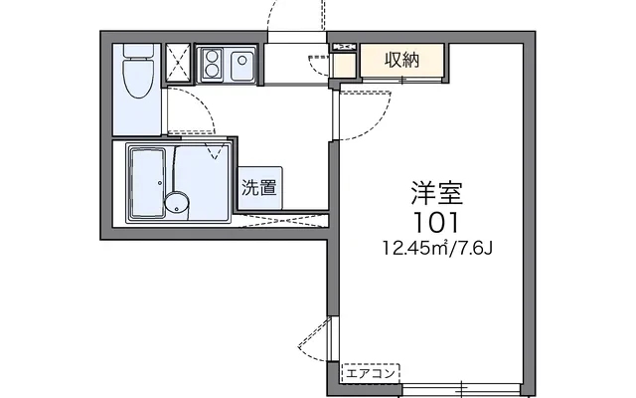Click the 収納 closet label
tap(401, 60)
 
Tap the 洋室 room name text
tap(436, 193)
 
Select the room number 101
tap(436, 223)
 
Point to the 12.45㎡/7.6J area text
tap(437, 248)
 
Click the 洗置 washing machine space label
tap(259, 188)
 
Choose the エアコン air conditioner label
tap(371, 374)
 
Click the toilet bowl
tap(138, 79)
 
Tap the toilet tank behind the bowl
tap(138, 52)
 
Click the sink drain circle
tap(242, 61)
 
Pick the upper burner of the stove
tap(212, 55)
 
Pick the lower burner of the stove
tap(212, 71)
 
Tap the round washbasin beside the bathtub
tap(177, 201)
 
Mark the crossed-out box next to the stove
tap(178, 63)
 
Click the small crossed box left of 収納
tap(345, 47)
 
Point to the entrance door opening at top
tap(297, 37)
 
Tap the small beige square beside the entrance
tap(344, 66)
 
